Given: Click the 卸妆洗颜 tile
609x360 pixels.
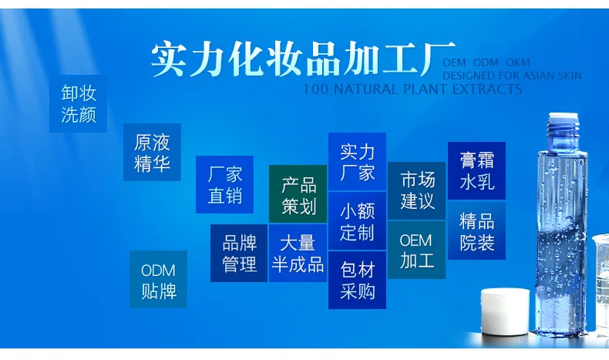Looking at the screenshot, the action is (78, 104).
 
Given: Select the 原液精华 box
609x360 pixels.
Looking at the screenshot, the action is (152, 152).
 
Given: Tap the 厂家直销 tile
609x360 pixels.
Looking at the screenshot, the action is (224, 184).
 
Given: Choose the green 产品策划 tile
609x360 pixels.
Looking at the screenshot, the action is (298, 193).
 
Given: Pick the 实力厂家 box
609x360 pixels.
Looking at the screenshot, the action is (357, 162).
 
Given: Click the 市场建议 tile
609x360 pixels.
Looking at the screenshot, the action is (416, 190).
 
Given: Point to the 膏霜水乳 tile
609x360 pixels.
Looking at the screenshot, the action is (476, 171).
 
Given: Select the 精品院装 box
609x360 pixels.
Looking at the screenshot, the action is (476, 230).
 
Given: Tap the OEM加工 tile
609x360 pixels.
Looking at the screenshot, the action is (416, 250).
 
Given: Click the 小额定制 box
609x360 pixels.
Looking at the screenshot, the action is (357, 220).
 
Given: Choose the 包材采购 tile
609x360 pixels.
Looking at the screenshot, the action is (357, 280).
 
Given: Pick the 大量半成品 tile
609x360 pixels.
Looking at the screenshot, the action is (298, 253).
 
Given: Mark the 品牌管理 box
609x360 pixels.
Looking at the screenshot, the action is (239, 253).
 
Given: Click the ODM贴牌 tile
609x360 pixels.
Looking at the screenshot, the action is (158, 279).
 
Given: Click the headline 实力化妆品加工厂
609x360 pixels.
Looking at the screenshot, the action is (303, 59).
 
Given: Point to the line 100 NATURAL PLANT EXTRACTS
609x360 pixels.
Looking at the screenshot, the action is (412, 89).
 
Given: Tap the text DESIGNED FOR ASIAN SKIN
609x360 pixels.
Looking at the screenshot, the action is (512, 76).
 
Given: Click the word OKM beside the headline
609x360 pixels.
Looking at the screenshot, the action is (518, 62).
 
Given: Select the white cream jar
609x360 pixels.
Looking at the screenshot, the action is (505, 311).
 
